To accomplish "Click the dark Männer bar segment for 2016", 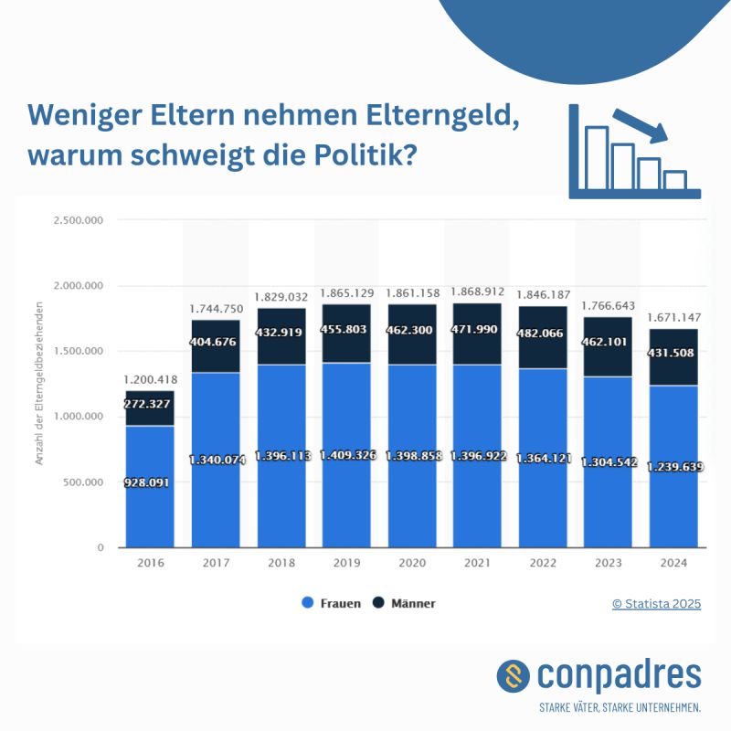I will pos(150,408).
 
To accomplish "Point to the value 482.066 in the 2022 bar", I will pos(543,334).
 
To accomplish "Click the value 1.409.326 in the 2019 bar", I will pos(346,455).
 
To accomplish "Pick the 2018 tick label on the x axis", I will pos(281,563).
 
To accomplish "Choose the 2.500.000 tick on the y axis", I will pos(79,220).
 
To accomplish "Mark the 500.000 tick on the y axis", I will pos(84,482).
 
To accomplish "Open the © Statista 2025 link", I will pos(656,603).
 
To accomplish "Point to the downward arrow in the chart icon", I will pos(641,126).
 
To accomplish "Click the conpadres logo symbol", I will pos(513,676).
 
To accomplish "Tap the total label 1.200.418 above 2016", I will pos(150,379).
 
